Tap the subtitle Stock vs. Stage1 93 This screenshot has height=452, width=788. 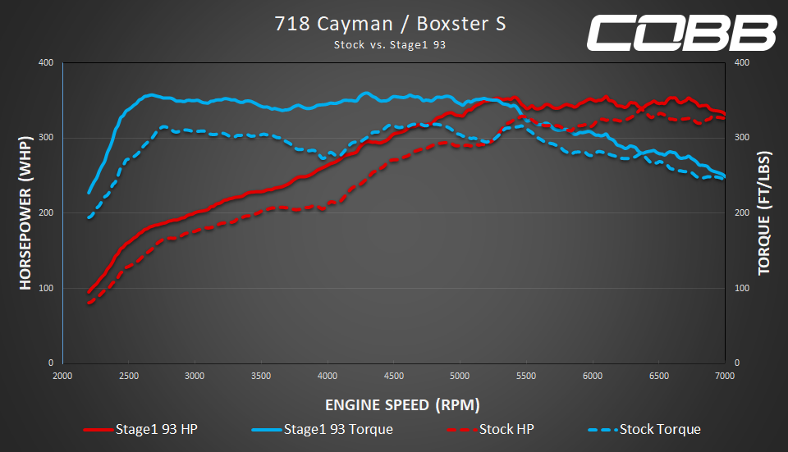(x=389, y=45)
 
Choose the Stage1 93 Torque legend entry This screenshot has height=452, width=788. (x=323, y=429)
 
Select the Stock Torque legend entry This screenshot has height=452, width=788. (x=645, y=429)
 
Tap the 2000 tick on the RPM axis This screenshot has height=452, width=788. (x=62, y=376)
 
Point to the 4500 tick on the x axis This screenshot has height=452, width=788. (x=393, y=376)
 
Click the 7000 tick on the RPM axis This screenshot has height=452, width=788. (x=725, y=376)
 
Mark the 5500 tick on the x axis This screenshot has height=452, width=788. (x=526, y=376)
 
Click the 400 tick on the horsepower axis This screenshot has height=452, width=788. (x=46, y=63)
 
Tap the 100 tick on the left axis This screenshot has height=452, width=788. (x=46, y=288)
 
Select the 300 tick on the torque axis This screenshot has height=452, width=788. (x=740, y=138)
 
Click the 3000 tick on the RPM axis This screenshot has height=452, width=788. (x=195, y=376)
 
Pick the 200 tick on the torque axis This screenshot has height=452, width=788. (x=740, y=213)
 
